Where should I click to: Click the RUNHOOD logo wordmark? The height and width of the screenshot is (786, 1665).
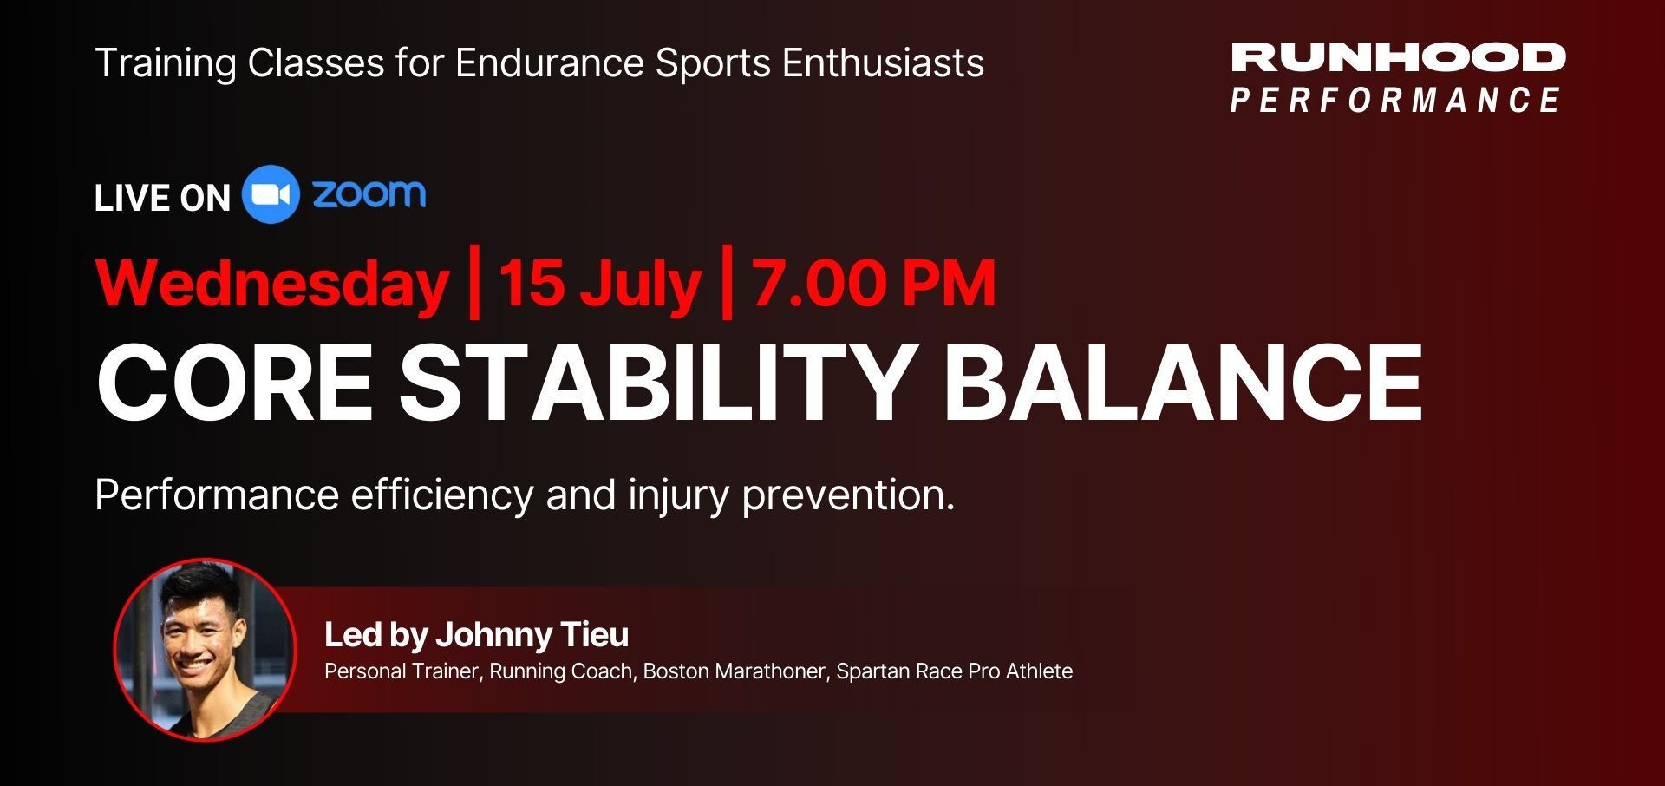click(x=1398, y=57)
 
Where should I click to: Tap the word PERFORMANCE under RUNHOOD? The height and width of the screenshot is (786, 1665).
click(x=1395, y=100)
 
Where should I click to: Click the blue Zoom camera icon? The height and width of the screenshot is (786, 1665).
click(x=271, y=194)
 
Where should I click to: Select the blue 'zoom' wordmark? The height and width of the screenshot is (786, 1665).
click(x=369, y=193)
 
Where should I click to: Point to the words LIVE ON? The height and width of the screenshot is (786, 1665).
click(x=162, y=198)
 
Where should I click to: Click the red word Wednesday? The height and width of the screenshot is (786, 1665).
click(x=271, y=285)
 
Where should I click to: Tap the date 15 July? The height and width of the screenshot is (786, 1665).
click(x=599, y=285)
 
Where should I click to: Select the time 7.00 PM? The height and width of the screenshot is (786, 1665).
click(x=874, y=283)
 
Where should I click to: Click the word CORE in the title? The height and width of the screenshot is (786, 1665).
click(x=234, y=382)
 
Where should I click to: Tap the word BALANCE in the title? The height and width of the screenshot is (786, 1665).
click(x=1183, y=382)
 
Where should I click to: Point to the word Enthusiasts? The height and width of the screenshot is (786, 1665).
click(x=883, y=62)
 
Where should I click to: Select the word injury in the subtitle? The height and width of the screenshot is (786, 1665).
click(x=678, y=496)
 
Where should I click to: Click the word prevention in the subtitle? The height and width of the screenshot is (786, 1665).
click(x=848, y=495)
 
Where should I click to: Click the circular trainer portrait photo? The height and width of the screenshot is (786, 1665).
click(x=205, y=649)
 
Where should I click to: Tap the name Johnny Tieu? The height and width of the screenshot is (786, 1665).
click(x=532, y=635)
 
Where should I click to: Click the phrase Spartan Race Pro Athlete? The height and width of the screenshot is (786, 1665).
click(x=954, y=671)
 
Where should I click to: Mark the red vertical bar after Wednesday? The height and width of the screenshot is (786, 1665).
click(x=473, y=283)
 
